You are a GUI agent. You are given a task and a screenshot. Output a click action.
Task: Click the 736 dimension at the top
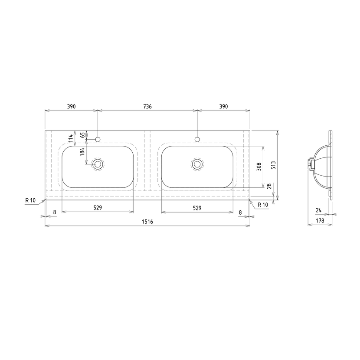[147, 107]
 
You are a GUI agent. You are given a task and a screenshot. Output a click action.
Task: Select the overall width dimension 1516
[147, 222]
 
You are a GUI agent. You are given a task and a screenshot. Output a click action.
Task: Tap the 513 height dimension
[273, 165]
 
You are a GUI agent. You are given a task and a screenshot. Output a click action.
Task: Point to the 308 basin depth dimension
[259, 167]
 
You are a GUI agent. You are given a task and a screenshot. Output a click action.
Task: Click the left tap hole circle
[98, 139]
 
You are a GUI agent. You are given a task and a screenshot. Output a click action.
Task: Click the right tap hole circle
[197, 139]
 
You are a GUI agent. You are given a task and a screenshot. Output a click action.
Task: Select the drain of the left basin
[98, 164]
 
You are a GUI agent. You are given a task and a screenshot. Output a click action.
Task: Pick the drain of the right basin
[197, 164]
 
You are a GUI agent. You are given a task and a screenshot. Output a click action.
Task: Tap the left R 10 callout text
[30, 200]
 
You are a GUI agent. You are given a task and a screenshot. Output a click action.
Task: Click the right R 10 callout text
[263, 205]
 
